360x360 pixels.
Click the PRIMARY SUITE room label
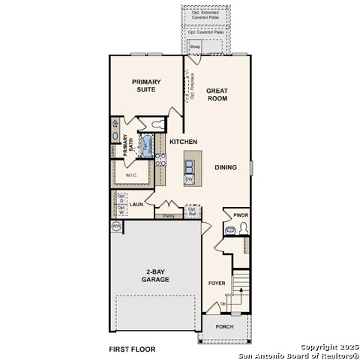point(147,85)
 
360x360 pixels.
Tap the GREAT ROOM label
point(217,95)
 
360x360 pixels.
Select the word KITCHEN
point(183,142)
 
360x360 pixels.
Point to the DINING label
point(226,168)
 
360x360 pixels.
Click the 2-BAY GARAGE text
point(157,275)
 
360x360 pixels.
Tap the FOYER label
point(217,283)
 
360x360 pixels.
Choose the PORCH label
point(224,327)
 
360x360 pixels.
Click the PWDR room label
point(240,215)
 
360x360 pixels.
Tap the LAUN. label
point(136,203)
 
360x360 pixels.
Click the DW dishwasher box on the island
point(189,179)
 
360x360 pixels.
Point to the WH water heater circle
point(116,225)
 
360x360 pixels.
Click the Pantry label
point(169,217)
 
